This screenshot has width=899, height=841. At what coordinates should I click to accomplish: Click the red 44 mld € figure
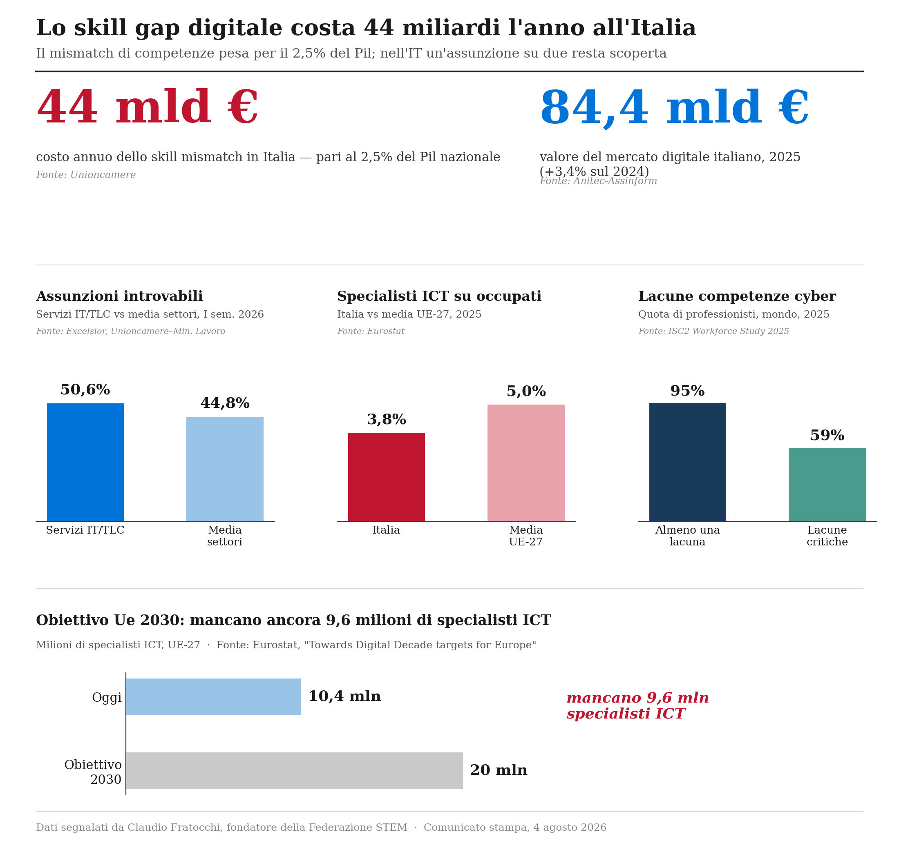[x=147, y=107]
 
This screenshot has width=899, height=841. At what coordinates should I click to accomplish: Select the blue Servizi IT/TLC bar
[x=85, y=462]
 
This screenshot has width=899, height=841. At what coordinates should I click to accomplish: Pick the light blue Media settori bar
[x=225, y=469]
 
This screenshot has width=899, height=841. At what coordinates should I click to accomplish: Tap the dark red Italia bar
[x=386, y=477]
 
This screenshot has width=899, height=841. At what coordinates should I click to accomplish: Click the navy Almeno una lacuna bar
[x=687, y=462]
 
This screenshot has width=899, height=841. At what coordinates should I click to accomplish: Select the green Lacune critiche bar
[x=827, y=485]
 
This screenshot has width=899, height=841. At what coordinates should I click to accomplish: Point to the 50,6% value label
[x=85, y=390]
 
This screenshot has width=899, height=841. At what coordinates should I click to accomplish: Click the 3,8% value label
[x=387, y=420]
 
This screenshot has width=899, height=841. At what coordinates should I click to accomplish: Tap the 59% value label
[x=827, y=436]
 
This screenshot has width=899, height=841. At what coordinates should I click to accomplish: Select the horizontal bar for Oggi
[x=213, y=697]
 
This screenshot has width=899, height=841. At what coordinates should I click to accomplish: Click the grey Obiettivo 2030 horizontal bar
[x=294, y=770]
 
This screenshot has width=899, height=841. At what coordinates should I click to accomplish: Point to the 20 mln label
[x=499, y=770]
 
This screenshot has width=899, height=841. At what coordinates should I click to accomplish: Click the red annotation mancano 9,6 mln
[x=637, y=698]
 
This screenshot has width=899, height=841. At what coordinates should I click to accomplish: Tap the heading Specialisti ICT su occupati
[x=439, y=296]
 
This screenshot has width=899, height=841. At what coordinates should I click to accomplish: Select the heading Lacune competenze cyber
[x=737, y=296]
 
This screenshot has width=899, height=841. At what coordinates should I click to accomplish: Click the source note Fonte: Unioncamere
[x=86, y=175]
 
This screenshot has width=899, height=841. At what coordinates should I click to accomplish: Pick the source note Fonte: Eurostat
[x=371, y=331]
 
